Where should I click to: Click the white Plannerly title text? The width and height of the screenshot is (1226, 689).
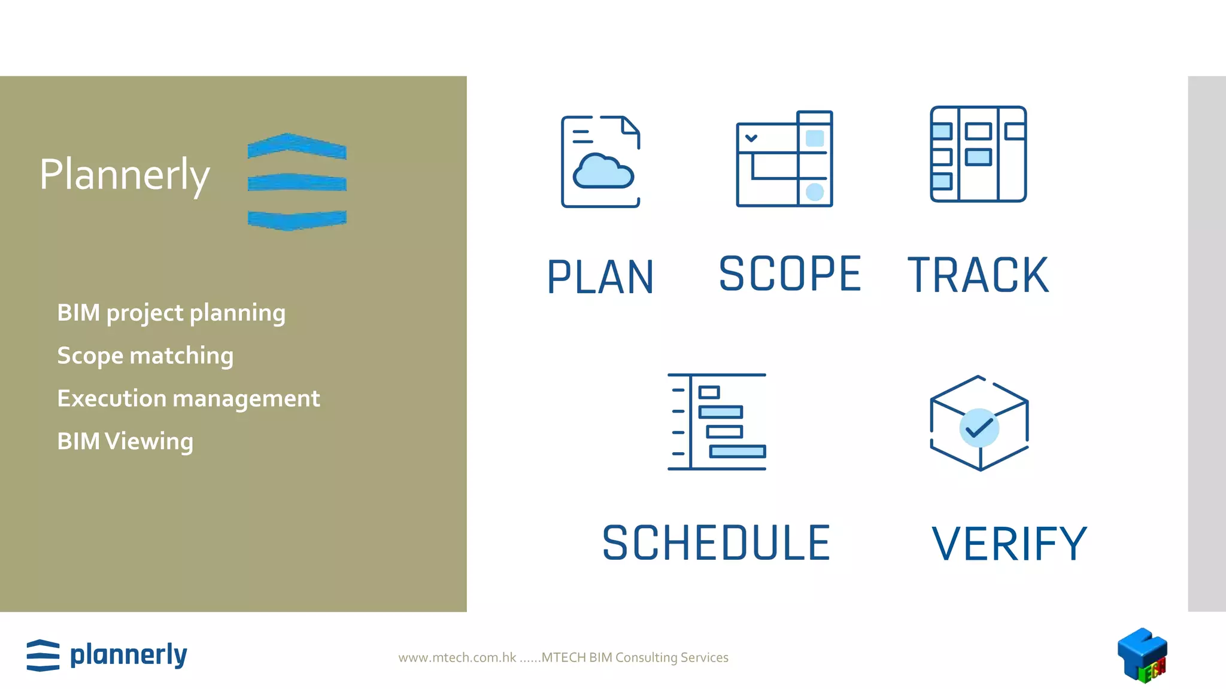pyautogui.click(x=125, y=175)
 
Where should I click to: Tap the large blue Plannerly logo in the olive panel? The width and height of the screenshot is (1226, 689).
pyautogui.click(x=297, y=182)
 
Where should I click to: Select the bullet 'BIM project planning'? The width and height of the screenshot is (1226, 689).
pyautogui.click(x=171, y=313)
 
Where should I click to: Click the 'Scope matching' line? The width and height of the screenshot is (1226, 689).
pyautogui.click(x=145, y=356)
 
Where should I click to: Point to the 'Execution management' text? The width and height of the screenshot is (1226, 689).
pyautogui.click(x=189, y=398)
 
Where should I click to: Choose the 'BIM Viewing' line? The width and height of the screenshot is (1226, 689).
pyautogui.click(x=125, y=441)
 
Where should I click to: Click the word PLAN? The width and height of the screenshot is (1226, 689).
pyautogui.click(x=600, y=277)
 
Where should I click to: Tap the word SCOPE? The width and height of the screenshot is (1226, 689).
pyautogui.click(x=790, y=274)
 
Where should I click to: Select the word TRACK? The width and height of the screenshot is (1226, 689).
pyautogui.click(x=978, y=275)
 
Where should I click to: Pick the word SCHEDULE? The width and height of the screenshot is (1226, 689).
pyautogui.click(x=717, y=543)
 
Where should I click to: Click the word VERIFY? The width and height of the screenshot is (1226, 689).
pyautogui.click(x=1009, y=544)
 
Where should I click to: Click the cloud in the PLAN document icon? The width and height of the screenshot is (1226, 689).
pyautogui.click(x=603, y=172)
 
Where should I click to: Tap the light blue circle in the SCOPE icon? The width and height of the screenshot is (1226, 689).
pyautogui.click(x=815, y=192)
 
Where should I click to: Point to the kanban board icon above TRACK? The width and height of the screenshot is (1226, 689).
pyautogui.click(x=978, y=154)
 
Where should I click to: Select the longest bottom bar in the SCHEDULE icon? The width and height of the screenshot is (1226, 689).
pyautogui.click(x=738, y=452)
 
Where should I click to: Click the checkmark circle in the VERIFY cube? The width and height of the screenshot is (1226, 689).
pyautogui.click(x=979, y=428)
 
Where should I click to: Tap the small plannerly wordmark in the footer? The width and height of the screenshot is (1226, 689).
pyautogui.click(x=128, y=656)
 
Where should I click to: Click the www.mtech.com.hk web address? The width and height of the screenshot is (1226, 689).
pyautogui.click(x=457, y=657)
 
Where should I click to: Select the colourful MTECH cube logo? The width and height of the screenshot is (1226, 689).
pyautogui.click(x=1142, y=656)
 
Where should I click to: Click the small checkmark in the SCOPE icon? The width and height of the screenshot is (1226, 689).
pyautogui.click(x=751, y=138)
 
